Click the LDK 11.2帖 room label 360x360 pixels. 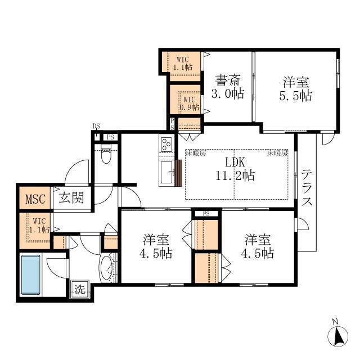235,169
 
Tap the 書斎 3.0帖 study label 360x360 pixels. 227,87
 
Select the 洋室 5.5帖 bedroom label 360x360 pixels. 296,89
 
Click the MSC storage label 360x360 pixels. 35,199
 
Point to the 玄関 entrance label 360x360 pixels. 71,197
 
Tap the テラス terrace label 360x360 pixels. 307,187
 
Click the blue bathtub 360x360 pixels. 31,274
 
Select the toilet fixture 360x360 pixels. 106,154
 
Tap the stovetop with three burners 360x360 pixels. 166,144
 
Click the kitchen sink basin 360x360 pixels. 166,172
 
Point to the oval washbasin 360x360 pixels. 107,268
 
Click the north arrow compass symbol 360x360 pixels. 337,336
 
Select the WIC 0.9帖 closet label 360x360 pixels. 189,103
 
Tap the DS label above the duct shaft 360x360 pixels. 96,126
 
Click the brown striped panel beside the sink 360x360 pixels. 178,173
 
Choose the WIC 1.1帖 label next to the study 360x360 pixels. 183,64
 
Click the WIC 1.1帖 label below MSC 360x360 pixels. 39,226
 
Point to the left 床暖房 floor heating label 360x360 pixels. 196,153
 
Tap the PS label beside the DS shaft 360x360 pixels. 110,137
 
